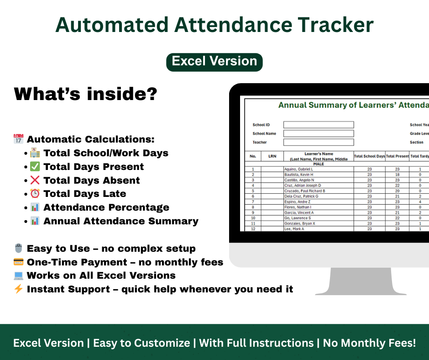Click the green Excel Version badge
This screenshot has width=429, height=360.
coord(214,62)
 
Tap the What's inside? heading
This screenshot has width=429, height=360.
coord(86,95)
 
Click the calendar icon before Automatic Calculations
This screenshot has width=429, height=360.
coord(19,139)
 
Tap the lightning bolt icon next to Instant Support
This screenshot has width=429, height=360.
coord(19,289)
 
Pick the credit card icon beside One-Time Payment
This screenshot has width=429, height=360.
coord(19,262)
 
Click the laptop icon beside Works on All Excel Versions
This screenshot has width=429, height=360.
coord(19,275)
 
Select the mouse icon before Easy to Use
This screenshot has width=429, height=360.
coord(19,249)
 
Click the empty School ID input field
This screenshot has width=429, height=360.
coord(319,125)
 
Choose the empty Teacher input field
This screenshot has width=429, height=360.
coord(319,142)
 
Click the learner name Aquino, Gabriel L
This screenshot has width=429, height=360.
coord(299,169)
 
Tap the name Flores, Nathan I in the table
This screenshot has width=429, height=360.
coord(298,207)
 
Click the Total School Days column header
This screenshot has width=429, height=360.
coord(369,156)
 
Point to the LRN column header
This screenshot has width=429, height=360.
coord(272,156)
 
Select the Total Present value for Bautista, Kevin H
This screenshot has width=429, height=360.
coord(397,175)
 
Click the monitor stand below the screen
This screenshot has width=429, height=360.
coord(361,281)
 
